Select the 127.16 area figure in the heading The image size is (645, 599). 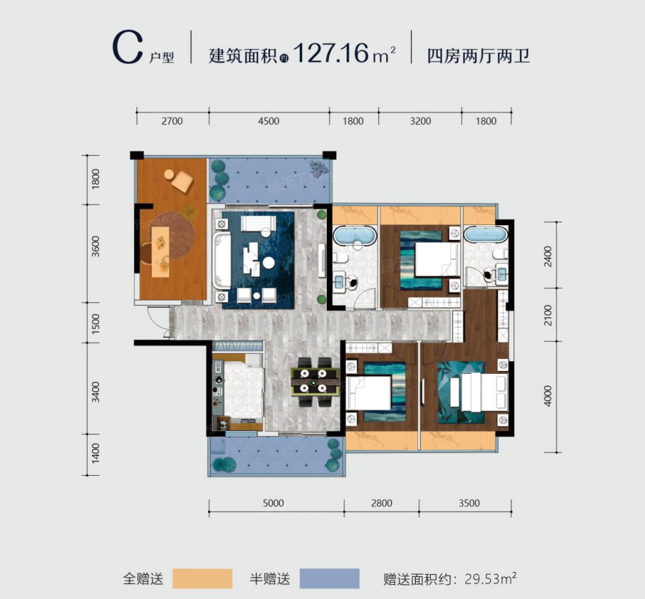[x=332, y=53]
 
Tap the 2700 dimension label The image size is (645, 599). [x=172, y=121]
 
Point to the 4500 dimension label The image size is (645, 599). [x=269, y=121]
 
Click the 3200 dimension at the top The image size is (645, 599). [x=420, y=121]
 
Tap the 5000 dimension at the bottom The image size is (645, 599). [x=273, y=503]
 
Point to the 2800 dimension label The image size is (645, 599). [x=380, y=503]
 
